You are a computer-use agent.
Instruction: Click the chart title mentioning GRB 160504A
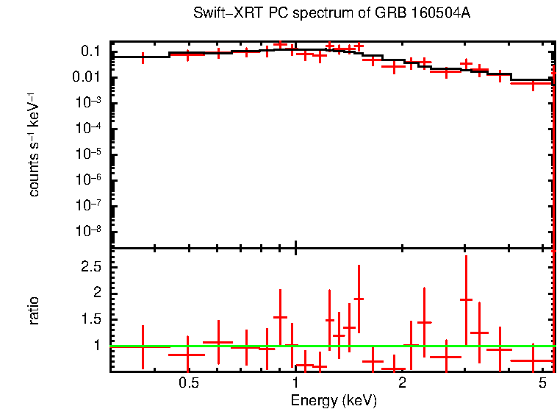[331, 14]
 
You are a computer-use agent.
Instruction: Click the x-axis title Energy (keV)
[334, 400]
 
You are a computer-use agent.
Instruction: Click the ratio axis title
[34, 310]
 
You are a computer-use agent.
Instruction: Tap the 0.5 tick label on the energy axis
[189, 383]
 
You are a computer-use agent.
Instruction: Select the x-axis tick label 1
[295, 383]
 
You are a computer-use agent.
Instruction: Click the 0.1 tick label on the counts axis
[90, 51]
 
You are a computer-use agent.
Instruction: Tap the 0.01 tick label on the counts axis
[87, 77]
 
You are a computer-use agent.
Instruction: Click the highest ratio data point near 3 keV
[466, 299]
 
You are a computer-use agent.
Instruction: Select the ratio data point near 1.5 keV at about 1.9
[359, 299]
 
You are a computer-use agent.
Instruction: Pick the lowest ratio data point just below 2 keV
[394, 369]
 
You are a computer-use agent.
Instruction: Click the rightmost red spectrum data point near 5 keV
[532, 83]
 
